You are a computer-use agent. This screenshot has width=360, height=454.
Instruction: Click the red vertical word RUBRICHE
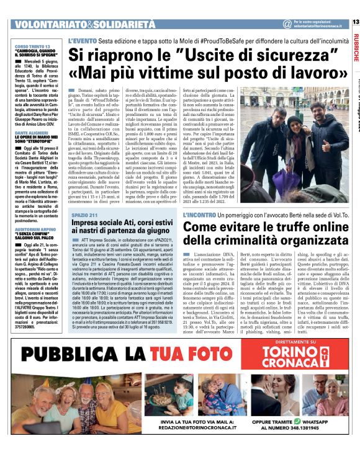click(355, 49)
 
